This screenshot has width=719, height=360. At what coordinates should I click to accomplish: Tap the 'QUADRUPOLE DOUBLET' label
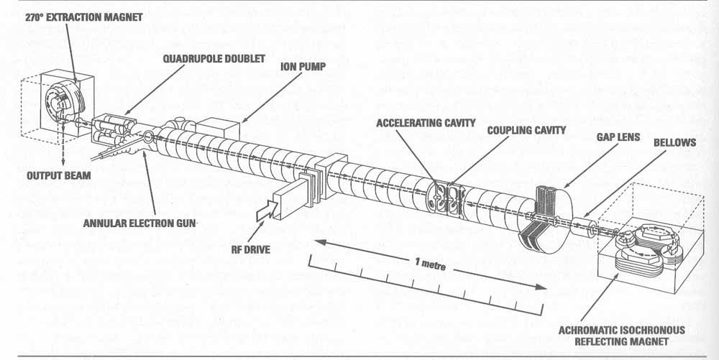[x=214, y=59]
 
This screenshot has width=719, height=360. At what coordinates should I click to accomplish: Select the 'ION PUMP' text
[x=303, y=67]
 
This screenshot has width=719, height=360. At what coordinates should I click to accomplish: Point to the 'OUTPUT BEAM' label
[x=59, y=175]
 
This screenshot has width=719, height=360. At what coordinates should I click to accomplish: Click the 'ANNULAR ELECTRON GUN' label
[x=139, y=223]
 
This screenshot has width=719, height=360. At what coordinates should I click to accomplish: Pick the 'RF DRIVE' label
[x=251, y=249]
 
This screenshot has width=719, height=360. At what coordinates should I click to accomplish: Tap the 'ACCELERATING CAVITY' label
[x=426, y=123]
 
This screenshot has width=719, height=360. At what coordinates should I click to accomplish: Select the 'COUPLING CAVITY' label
[x=526, y=131]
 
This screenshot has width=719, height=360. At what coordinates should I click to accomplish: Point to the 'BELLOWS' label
[x=674, y=142]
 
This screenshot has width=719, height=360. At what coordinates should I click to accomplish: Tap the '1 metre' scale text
[x=430, y=264]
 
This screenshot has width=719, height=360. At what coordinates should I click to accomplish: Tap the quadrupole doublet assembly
[x=113, y=130]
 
